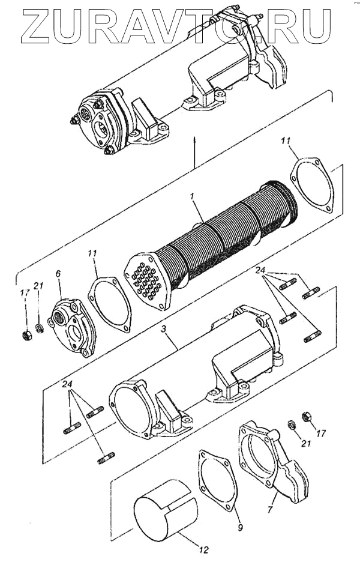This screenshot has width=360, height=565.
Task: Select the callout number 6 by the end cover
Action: (58, 274)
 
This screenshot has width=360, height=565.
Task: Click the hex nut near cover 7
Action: (304, 415)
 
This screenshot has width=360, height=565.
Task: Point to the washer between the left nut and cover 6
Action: (40, 328)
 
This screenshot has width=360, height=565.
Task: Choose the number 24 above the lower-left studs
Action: (67, 384)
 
